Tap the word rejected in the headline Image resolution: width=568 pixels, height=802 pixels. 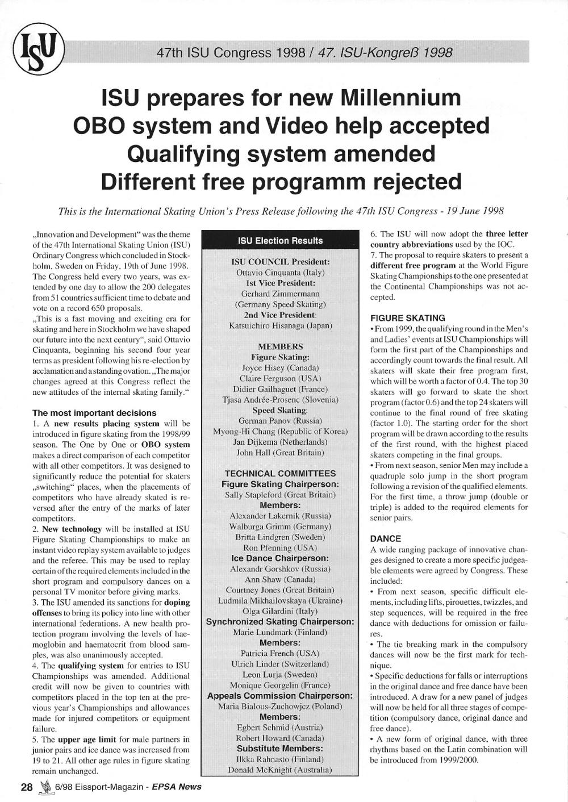click(x=416, y=182)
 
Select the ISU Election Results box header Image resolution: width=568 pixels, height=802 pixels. click(x=280, y=240)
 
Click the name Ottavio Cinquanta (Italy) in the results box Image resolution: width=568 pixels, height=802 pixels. click(x=280, y=273)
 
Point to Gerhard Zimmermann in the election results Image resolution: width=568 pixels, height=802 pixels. click(x=280, y=294)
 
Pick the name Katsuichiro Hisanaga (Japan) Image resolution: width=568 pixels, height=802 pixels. click(x=280, y=325)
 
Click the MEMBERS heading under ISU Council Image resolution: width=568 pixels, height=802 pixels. click(x=280, y=346)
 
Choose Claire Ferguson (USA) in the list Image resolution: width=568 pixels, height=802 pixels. click(x=280, y=378)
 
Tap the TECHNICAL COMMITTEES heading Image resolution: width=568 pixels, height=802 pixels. click(x=280, y=473)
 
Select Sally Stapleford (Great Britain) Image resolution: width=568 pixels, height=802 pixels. click(x=280, y=495)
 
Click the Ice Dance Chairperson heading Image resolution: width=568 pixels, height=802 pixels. click(x=280, y=558)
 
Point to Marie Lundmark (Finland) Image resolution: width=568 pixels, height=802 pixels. click(x=280, y=632)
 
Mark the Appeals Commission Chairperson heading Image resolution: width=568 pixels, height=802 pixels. click(x=280, y=696)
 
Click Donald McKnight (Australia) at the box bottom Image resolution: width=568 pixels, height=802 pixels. click(x=280, y=770)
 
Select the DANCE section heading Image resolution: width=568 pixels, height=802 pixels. click(x=385, y=538)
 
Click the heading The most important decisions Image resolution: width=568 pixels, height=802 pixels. click(x=94, y=413)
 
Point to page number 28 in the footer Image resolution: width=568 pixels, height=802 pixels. click(x=27, y=787)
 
